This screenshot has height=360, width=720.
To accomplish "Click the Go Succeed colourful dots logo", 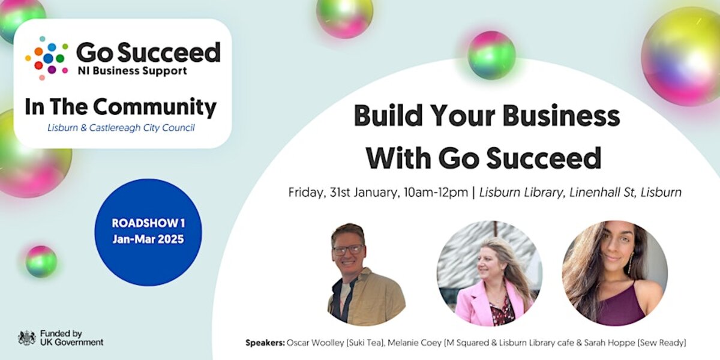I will [46, 58].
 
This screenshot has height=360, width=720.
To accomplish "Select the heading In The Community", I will [121, 107].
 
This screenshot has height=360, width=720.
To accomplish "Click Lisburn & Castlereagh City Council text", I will [121, 128].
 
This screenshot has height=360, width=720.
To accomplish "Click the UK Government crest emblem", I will [26, 338].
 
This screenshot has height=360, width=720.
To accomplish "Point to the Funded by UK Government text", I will [71, 338].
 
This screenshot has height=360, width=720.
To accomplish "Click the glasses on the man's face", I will [347, 248].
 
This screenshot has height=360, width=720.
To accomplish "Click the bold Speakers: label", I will [265, 343].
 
